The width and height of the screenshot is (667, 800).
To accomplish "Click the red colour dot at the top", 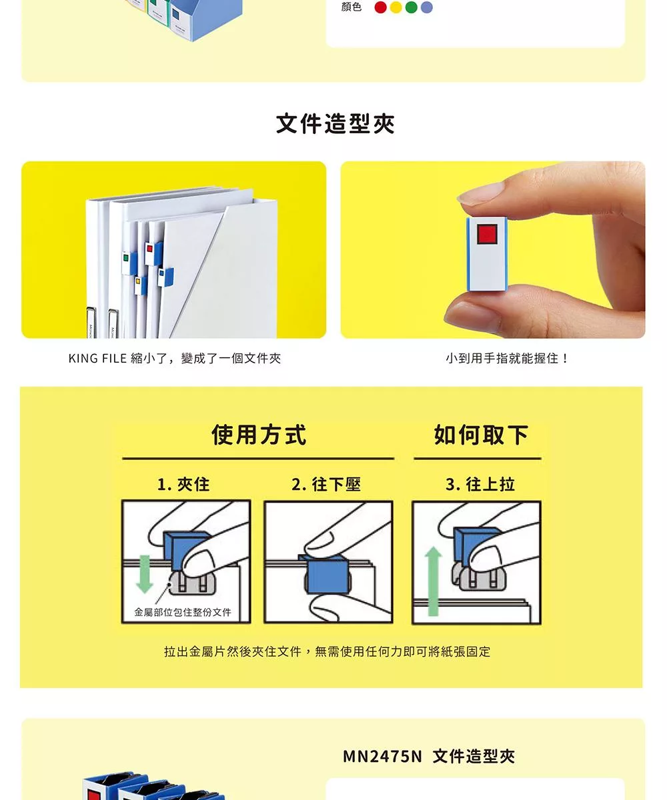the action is point(380,7).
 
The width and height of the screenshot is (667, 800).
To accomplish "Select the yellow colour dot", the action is point(396,7).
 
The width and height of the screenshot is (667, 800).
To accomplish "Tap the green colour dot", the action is point(412,7).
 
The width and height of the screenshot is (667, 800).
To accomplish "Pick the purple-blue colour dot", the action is point(427,7).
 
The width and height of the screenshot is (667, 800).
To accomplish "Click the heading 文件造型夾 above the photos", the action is point(335,124).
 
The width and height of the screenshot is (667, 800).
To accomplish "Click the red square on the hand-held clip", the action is point(487,234).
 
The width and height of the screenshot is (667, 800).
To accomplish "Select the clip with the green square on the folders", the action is point(129,263).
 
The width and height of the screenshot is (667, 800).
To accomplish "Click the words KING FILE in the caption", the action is point(97,358).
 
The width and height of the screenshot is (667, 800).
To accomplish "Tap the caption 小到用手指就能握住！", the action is point(506,358).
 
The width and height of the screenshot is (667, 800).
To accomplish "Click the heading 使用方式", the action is point(259,435).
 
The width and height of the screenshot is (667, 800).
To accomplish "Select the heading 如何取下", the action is point(481,435).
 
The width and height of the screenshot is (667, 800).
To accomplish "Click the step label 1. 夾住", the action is point(183,484).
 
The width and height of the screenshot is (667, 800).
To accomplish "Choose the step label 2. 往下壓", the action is point(326,484).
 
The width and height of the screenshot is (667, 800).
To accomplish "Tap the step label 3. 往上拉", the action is point(480,484).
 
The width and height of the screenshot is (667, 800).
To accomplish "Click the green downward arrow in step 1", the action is point(145,574).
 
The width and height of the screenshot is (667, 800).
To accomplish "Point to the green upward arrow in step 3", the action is point(433,581).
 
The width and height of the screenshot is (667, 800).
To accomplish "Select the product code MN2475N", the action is point(382,757).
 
